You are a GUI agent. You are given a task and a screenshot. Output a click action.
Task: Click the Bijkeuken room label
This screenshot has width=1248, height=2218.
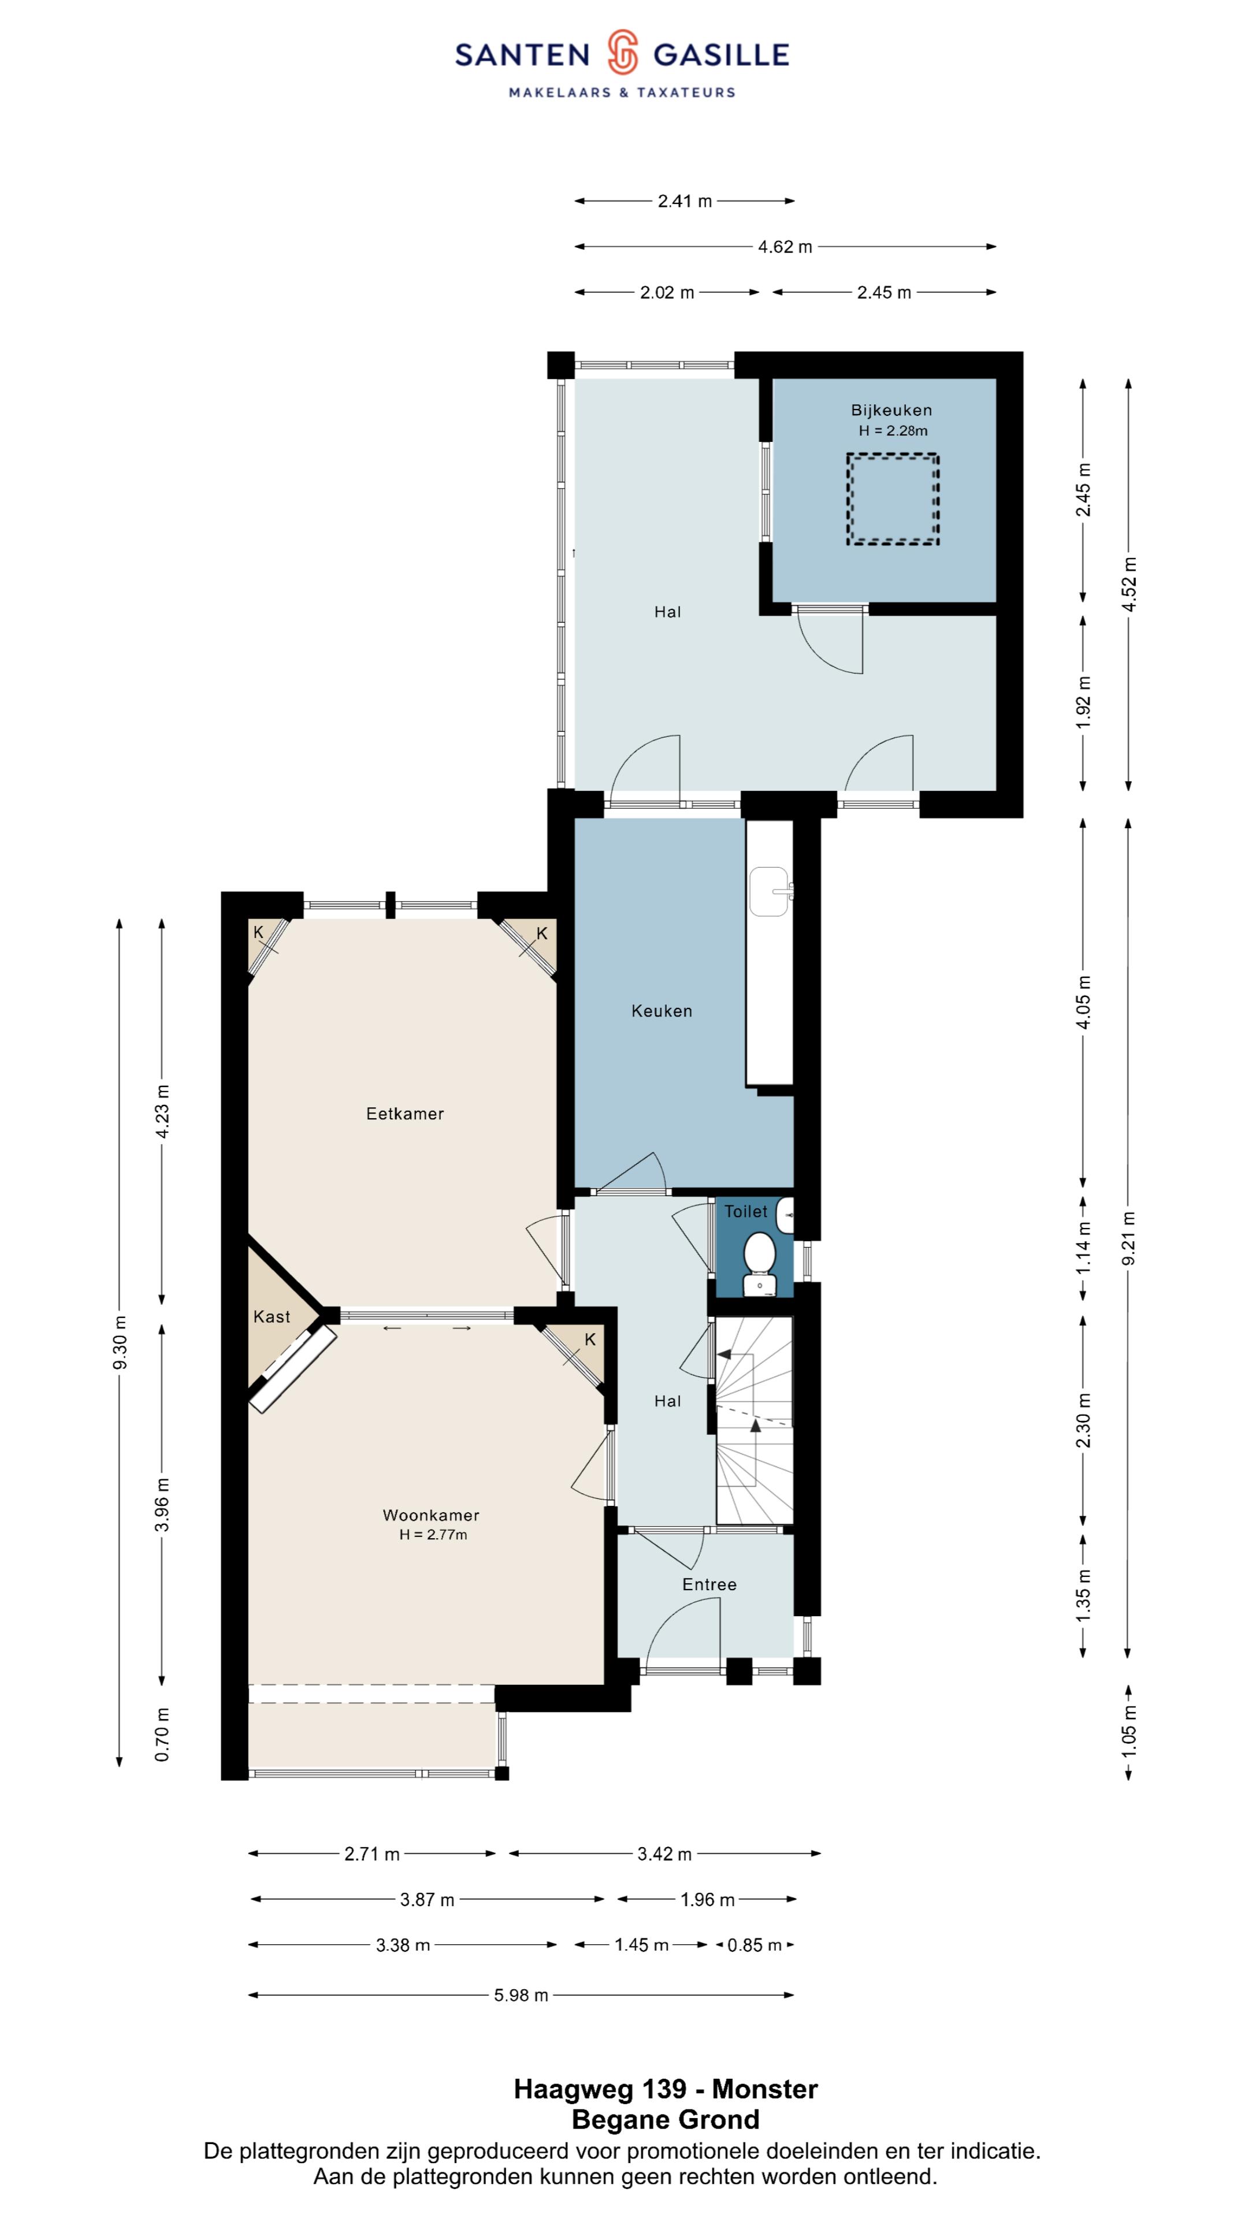click(x=892, y=410)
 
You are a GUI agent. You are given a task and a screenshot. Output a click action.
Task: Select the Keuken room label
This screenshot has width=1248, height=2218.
click(x=662, y=1011)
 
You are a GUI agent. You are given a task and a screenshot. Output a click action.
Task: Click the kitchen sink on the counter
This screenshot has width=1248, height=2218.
click(x=771, y=890)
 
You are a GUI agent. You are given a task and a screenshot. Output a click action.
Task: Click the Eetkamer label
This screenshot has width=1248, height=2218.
click(x=405, y=1113)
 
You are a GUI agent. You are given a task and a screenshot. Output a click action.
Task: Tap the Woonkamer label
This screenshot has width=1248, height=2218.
click(x=430, y=1514)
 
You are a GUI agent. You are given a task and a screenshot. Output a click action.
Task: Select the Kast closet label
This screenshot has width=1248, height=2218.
click(x=272, y=1316)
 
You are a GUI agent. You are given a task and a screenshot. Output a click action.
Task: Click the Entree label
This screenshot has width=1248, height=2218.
click(x=709, y=1584)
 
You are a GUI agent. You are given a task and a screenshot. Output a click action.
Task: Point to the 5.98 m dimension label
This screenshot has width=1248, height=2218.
click(x=520, y=1995)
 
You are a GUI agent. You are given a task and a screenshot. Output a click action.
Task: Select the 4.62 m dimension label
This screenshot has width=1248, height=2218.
click(x=785, y=247)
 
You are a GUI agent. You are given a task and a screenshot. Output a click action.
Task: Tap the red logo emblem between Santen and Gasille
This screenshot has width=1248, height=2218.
click(x=622, y=53)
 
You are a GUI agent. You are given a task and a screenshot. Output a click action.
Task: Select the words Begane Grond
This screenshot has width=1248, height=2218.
click(x=665, y=2119)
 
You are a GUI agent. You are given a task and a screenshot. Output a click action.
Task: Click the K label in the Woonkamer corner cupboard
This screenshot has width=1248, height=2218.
click(x=590, y=1339)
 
